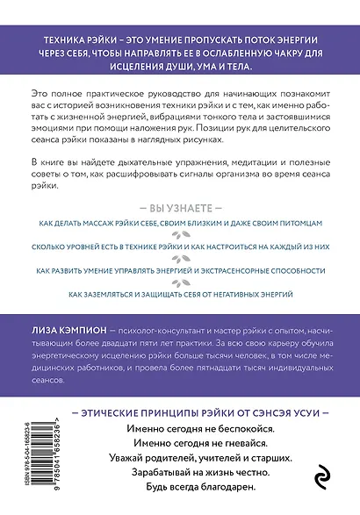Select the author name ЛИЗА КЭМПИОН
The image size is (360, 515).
pos(68,325)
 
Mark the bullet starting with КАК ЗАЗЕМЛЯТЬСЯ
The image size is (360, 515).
pos(180,293)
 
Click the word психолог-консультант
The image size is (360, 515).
pos(151,325)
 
